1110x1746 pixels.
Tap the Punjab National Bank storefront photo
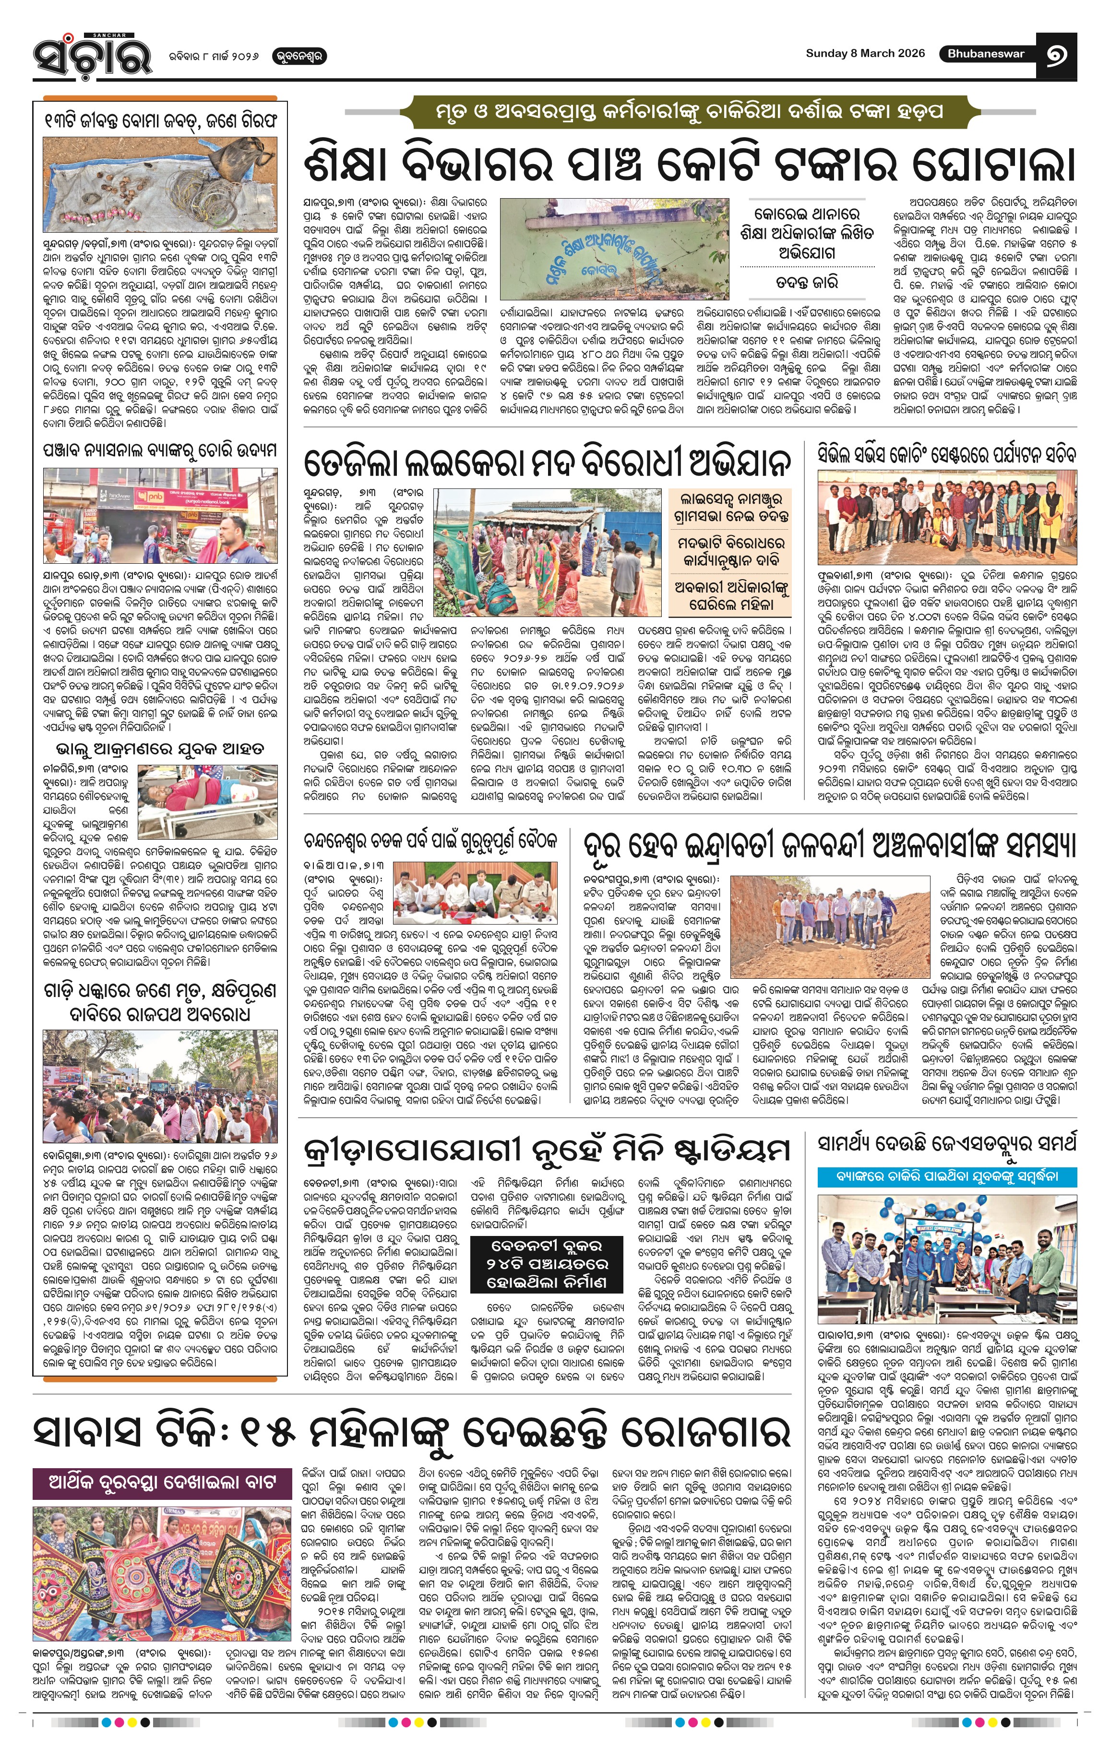coord(159,515)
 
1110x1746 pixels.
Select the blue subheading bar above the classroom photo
coord(947,1176)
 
